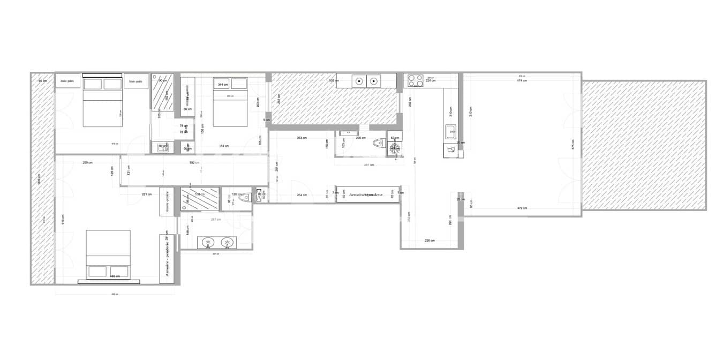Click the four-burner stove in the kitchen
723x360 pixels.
(416, 80)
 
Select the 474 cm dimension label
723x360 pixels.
(521, 81)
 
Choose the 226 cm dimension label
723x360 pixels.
(430, 241)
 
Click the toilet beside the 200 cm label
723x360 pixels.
(379, 142)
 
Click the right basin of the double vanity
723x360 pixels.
(228, 243)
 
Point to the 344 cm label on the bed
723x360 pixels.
(222, 84)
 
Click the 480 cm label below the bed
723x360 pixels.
(114, 276)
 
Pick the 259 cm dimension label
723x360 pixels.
(87, 162)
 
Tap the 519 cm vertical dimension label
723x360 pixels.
(63, 219)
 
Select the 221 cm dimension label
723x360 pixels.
(147, 194)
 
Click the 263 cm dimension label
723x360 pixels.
(302, 138)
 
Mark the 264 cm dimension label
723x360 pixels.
(302, 195)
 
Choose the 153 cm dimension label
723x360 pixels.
(224, 146)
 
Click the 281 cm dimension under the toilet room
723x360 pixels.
(368, 164)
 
